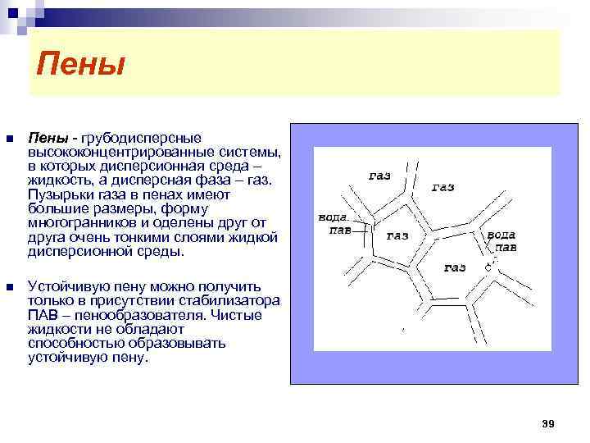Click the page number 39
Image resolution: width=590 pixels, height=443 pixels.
548,423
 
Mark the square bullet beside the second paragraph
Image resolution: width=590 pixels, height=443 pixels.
9,287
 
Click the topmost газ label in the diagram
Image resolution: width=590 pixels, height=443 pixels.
380,176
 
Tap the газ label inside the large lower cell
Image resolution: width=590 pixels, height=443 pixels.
455,267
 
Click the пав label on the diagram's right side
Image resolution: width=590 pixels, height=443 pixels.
505,246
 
